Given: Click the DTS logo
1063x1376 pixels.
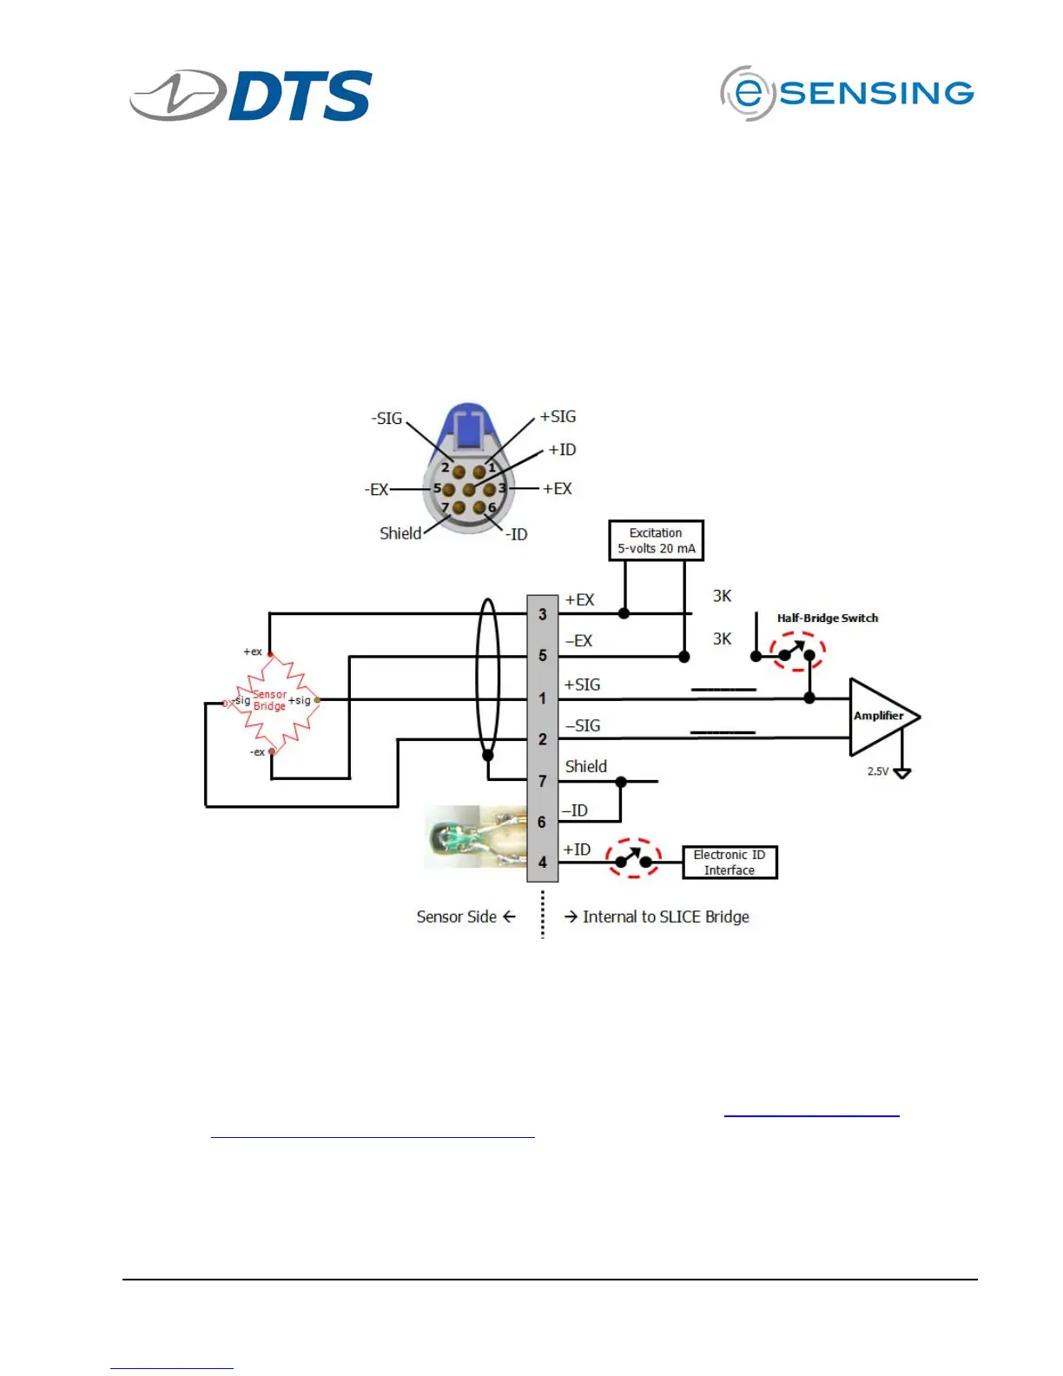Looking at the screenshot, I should point(252,95).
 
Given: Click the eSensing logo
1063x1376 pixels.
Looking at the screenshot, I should point(847,93).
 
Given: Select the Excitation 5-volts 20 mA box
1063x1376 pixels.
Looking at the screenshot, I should point(656,540).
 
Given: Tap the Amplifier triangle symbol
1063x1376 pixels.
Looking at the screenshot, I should point(881,717).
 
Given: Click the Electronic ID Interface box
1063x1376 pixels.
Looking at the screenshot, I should point(730,863).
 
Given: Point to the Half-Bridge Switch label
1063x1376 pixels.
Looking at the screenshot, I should point(827,618).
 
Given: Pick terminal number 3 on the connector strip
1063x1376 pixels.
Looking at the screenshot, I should point(543,614).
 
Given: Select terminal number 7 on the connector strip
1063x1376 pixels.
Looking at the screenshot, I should point(543,781).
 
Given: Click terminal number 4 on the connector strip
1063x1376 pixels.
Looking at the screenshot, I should point(543,863).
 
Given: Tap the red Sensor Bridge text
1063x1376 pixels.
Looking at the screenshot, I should point(269,700).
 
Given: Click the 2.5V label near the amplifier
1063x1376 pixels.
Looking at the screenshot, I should point(878,771).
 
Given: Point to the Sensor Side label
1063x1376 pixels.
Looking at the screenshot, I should point(457,916).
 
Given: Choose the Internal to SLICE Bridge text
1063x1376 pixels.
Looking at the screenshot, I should point(665,916).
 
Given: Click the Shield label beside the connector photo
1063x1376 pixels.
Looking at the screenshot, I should point(400,533).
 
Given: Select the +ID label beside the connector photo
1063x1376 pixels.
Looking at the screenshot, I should point(562,449).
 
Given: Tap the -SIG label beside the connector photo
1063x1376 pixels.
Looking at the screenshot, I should point(387,418).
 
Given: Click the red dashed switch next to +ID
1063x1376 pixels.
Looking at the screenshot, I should point(633,858).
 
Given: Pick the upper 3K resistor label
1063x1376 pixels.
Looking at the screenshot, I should point(722,596).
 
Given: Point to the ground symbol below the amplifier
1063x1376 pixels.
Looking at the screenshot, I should point(902,772).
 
